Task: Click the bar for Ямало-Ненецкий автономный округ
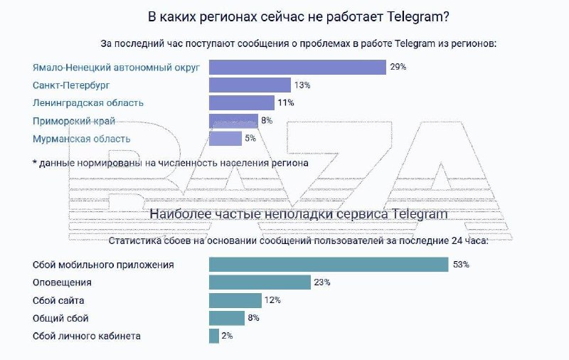coord(297,67)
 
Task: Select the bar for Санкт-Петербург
coord(250,85)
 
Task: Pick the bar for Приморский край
coord(233,121)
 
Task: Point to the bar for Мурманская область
coord(225,139)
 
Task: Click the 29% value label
coord(398,67)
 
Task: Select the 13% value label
coord(302,85)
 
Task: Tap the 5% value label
coord(250,139)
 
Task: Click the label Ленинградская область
coord(88,103)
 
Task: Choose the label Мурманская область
coord(82,139)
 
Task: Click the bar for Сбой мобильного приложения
coord(328,265)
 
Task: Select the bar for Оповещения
coord(260,282)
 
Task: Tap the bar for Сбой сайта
coord(235,300)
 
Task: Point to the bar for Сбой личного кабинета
coord(213,336)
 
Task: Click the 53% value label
coord(460,265)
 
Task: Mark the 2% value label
coord(228,336)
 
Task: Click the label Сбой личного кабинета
coord(87,336)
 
